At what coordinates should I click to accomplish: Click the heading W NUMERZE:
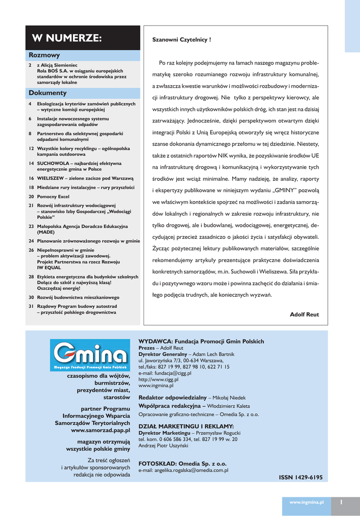pyautogui.click(x=66, y=38)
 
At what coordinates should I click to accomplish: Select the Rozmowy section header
pyautogui.click(x=44, y=55)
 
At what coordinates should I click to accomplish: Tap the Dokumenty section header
pyautogui.click(x=47, y=93)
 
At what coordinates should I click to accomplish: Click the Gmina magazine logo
pyautogui.click(x=88, y=356)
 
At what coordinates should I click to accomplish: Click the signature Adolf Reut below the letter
pyautogui.click(x=304, y=314)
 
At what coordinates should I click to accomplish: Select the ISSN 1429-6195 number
pyautogui.click(x=301, y=477)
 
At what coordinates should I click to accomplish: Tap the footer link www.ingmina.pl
pyautogui.click(x=306, y=502)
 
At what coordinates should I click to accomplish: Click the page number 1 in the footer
pyautogui.click(x=341, y=502)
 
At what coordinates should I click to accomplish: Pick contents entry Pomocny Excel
pyautogui.click(x=53, y=196)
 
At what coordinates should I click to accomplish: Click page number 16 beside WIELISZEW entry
pyautogui.click(x=31, y=178)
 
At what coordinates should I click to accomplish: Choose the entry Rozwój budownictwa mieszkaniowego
pyautogui.click(x=78, y=297)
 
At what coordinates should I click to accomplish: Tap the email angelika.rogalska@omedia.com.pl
pyautogui.click(x=183, y=470)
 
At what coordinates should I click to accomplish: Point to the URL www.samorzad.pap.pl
pyautogui.click(x=100, y=431)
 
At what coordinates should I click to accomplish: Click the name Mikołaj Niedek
pyautogui.click(x=230, y=398)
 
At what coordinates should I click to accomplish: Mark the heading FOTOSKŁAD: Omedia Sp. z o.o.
pyautogui.click(x=182, y=463)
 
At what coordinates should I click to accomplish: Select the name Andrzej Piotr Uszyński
pyautogui.click(x=163, y=445)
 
